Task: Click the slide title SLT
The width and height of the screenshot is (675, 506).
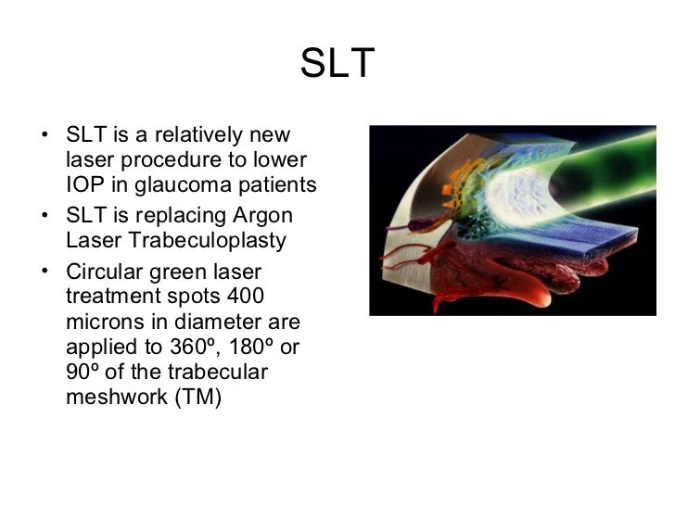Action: pyautogui.click(x=337, y=64)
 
